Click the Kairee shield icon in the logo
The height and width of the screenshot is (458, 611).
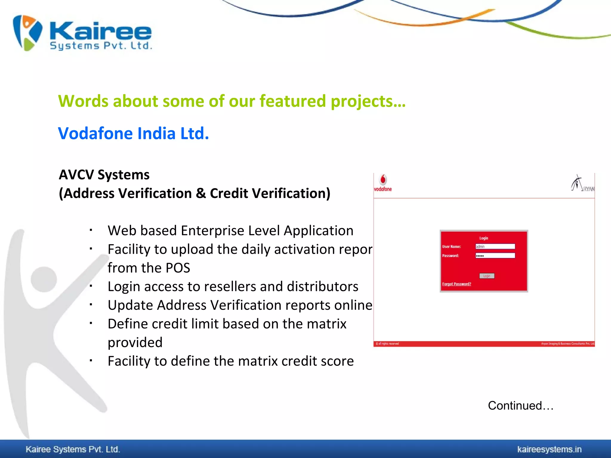pos(27,33)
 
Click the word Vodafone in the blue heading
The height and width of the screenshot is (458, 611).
pos(95,133)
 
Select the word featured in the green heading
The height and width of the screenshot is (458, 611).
pos(293,101)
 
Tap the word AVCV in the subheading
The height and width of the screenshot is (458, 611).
pos(76,175)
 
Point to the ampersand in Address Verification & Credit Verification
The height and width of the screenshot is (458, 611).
pos(201,193)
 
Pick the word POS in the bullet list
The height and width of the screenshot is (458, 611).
pos(178,268)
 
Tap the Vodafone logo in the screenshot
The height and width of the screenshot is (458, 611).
pos(383,182)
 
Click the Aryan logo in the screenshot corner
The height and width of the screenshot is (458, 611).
pos(582,183)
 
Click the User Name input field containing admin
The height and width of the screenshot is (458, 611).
pos(495,246)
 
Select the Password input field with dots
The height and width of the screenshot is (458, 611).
pos(495,256)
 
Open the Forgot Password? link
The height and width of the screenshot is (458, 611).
pos(456,284)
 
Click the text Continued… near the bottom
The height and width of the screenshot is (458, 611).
pos(520,406)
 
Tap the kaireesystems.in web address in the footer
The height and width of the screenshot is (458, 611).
pos(549,449)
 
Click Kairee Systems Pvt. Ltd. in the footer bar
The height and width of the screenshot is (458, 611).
pos(73,449)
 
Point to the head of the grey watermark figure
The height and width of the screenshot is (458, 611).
pos(44,279)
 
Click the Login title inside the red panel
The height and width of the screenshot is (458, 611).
pos(484,238)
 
